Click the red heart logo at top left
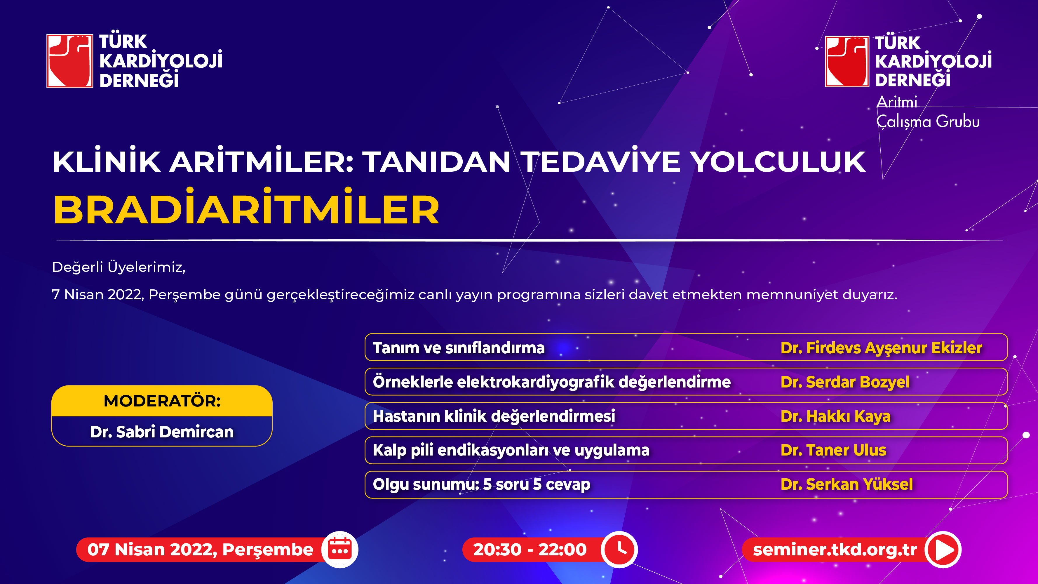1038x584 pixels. (x=70, y=61)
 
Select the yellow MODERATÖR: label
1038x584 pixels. (x=162, y=401)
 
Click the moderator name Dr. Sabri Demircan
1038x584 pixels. (x=162, y=432)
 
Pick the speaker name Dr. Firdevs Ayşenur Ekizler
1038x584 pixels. (x=881, y=348)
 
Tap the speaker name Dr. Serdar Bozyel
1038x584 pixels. (x=845, y=382)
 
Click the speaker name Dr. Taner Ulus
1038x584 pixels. (x=833, y=450)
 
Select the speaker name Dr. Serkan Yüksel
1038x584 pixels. (x=847, y=484)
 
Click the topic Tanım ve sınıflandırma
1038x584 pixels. (x=459, y=348)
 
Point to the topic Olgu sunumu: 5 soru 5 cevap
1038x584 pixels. (x=482, y=484)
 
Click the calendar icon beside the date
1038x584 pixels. (x=340, y=549)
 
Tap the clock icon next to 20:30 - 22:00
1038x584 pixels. (x=619, y=549)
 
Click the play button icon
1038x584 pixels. (x=943, y=549)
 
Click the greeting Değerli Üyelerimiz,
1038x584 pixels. (x=119, y=267)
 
